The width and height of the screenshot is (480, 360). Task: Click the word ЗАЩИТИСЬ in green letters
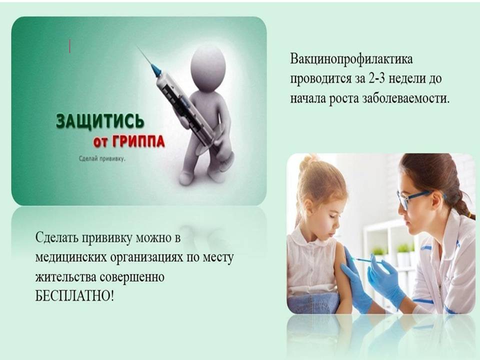pos(100,120)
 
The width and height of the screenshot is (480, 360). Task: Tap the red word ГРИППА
pos(138,141)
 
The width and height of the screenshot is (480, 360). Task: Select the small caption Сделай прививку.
pos(102,159)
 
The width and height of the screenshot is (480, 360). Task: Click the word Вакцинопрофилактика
pos(351,59)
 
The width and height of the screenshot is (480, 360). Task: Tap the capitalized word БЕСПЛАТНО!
pos(74,296)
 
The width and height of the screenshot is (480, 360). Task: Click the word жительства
pos(66,277)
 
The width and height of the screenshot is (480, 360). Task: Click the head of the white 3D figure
pos(208,67)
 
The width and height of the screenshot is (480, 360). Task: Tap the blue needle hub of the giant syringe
pos(156,70)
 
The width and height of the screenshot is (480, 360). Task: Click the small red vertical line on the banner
pos(70,46)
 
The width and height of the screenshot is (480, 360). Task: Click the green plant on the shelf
pos(402,248)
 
